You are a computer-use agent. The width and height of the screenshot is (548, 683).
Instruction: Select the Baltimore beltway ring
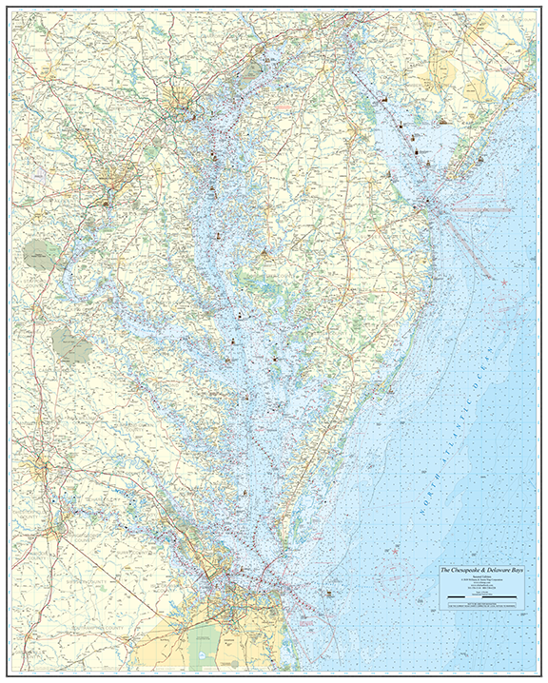[178, 103]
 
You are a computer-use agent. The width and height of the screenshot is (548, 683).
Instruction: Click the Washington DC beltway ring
[115, 178]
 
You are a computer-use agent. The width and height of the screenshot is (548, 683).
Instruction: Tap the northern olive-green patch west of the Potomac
[40, 254]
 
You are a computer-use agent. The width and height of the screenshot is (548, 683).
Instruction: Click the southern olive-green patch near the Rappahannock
[71, 343]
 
